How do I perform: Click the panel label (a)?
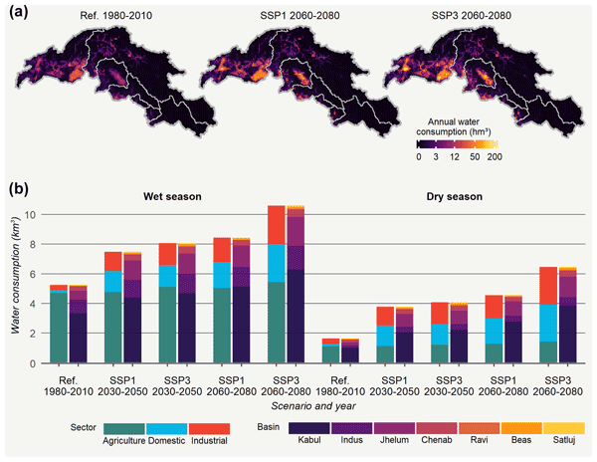(18, 11)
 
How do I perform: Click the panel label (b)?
(18, 185)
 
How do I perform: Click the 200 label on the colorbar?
(493, 157)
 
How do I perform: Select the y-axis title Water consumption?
(13, 289)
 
